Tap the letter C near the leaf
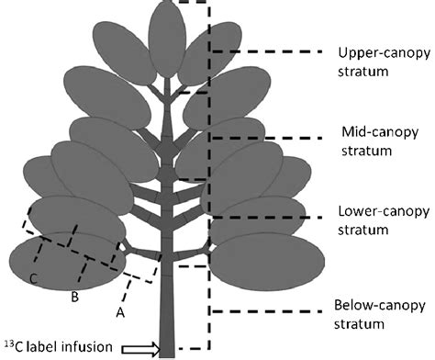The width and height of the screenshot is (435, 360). [x=33, y=278]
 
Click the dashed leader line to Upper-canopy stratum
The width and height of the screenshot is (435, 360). [x=266, y=52]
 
